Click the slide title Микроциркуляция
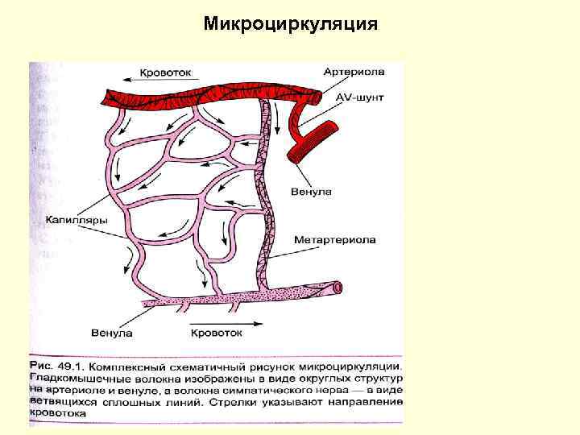pyautogui.click(x=290, y=23)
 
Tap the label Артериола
pyautogui.click(x=354, y=72)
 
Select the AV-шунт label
pyautogui.click(x=357, y=98)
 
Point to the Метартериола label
pyautogui.click(x=335, y=239)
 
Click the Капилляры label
pyautogui.click(x=71, y=218)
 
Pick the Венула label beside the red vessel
pyautogui.click(x=313, y=192)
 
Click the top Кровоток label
pyautogui.click(x=165, y=72)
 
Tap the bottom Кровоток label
pyautogui.click(x=215, y=332)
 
